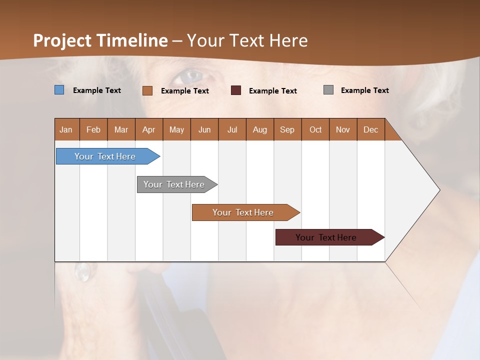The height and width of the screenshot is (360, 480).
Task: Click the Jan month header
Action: pyautogui.click(x=66, y=129)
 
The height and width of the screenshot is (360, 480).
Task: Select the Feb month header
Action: pyautogui.click(x=93, y=129)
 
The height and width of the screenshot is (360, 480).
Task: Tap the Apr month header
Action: pyautogui.click(x=148, y=129)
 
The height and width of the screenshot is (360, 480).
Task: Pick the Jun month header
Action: pyautogui.click(x=204, y=129)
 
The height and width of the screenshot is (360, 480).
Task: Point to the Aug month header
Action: pyautogui.click(x=259, y=129)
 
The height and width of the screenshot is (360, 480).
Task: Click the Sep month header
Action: pyautogui.click(x=287, y=129)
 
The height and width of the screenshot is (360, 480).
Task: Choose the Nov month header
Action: pyautogui.click(x=342, y=129)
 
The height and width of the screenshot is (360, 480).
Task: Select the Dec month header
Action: pyautogui.click(x=370, y=129)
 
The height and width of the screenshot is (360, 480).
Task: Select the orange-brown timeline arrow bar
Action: pyautogui.click(x=243, y=212)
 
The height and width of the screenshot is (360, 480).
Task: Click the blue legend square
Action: pyautogui.click(x=59, y=90)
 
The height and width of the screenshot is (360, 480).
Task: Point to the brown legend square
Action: pyautogui.click(x=147, y=90)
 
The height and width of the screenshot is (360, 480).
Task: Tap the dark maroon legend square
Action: pyautogui.click(x=236, y=90)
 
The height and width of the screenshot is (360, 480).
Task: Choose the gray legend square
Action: pyautogui.click(x=328, y=90)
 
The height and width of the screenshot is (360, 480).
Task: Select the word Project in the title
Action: pyautogui.click(x=63, y=40)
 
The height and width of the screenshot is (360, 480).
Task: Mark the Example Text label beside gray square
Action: pyautogui.click(x=364, y=90)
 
